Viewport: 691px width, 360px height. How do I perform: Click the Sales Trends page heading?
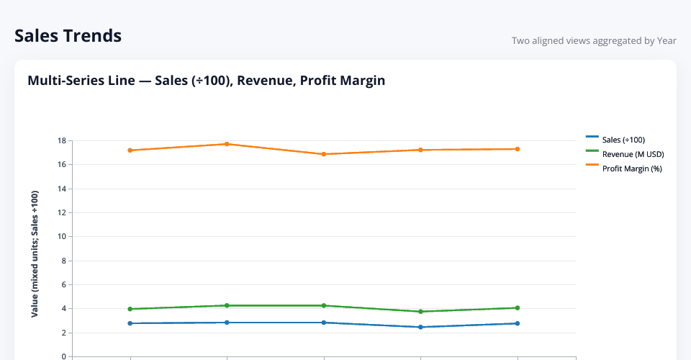pyautogui.click(x=68, y=35)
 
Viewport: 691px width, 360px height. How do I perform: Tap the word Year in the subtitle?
pyautogui.click(x=667, y=41)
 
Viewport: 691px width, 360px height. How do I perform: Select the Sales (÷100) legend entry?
pyautogui.click(x=623, y=140)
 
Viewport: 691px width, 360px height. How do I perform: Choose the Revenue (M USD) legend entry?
pyautogui.click(x=633, y=154)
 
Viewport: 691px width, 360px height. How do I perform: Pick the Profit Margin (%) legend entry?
pyautogui.click(x=632, y=168)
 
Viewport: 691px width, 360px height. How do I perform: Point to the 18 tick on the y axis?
pyautogui.click(x=62, y=140)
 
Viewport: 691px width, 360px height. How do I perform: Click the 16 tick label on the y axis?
pyautogui.click(x=62, y=165)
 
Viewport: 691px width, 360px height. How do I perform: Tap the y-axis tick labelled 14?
pyautogui.click(x=62, y=189)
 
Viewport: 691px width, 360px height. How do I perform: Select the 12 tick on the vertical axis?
pyautogui.click(x=62, y=212)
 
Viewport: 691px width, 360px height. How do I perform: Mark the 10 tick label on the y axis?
pyautogui.click(x=62, y=237)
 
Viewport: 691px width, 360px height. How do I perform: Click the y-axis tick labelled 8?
pyautogui.click(x=64, y=261)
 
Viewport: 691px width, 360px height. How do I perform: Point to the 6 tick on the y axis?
pyautogui.click(x=64, y=284)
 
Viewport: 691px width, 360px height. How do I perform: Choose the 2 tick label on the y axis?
pyautogui.click(x=64, y=333)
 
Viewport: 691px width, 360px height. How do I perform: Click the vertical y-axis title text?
pyautogui.click(x=35, y=253)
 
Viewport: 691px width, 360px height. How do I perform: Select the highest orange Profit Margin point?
pyautogui.click(x=227, y=144)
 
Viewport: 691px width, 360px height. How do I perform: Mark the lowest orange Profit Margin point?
pyautogui.click(x=324, y=154)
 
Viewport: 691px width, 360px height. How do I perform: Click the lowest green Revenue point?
pyautogui.click(x=420, y=312)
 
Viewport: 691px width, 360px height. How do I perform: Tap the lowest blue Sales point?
pyautogui.click(x=420, y=327)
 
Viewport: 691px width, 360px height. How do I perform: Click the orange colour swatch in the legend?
pyautogui.click(x=592, y=165)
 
